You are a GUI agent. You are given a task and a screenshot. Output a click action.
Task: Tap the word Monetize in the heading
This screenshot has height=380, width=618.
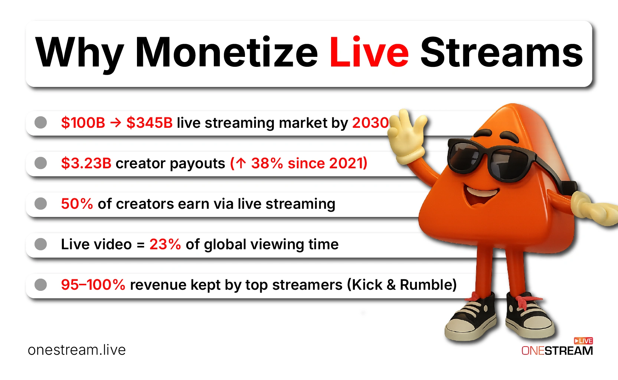tap(227, 52)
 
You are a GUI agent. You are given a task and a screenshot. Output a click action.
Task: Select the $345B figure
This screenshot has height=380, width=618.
tap(150, 123)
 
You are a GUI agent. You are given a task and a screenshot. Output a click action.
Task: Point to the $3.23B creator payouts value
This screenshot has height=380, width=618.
tap(86, 163)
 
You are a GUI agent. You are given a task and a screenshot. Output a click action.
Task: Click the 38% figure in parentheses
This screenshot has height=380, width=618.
tap(267, 163)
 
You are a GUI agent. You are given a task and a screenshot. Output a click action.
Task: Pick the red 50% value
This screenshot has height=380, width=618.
tap(77, 204)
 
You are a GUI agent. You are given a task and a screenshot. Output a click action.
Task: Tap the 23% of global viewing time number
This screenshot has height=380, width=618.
tap(165, 244)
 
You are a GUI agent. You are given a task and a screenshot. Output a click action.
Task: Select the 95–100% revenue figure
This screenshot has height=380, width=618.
tap(93, 285)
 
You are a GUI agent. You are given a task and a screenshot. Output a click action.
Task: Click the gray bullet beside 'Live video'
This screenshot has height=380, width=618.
tap(40, 244)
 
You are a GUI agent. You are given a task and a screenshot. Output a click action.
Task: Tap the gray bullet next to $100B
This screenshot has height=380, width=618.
tap(40, 122)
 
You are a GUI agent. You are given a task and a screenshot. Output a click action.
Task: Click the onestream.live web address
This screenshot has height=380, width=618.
tap(77, 350)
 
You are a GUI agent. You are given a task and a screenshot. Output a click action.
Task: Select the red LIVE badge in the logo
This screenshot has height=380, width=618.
tap(583, 341)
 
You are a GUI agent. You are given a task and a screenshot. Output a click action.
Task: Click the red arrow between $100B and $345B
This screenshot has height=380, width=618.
tap(115, 123)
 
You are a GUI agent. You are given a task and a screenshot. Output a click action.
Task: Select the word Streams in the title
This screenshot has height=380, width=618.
tap(501, 52)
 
